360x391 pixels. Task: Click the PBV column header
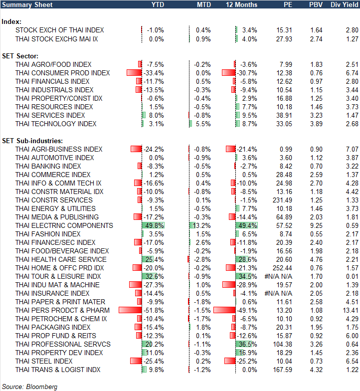point(316,4)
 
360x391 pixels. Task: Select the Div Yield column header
point(345,4)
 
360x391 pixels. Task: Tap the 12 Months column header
point(241,4)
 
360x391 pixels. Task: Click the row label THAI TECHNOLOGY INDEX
point(56,124)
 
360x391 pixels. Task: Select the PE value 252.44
point(282,268)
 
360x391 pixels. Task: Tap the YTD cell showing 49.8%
point(155,225)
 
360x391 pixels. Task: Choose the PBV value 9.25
point(316,225)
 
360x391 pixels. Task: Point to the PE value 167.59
point(282,370)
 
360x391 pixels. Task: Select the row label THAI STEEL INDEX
point(44,361)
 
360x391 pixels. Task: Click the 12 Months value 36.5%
point(248,344)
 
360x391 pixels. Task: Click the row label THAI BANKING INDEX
point(48,166)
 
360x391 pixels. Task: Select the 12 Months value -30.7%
point(247,73)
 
